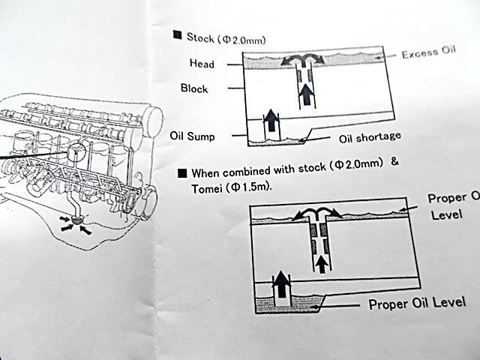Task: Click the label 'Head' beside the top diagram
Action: [201, 64]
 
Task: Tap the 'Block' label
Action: [194, 88]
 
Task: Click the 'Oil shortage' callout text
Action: [370, 137]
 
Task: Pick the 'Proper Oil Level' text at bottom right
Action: [417, 303]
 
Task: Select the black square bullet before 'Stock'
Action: [176, 34]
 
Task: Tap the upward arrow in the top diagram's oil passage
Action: [306, 94]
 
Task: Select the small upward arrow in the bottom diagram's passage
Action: [321, 262]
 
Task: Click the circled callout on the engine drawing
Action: [76, 154]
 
